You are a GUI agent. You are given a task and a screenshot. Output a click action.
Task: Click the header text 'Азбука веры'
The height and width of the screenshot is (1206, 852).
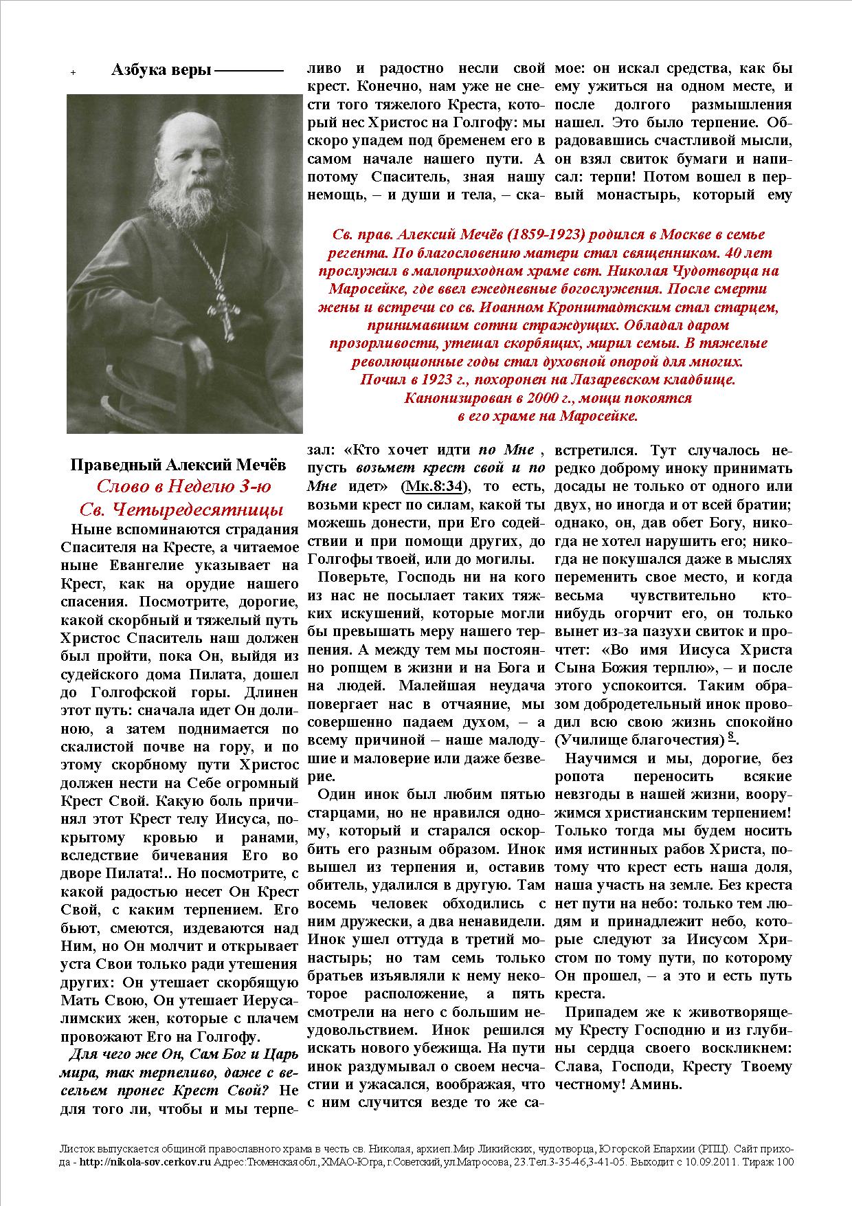point(161,70)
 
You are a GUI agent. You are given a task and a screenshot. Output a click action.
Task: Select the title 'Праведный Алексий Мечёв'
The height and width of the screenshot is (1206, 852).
point(179,465)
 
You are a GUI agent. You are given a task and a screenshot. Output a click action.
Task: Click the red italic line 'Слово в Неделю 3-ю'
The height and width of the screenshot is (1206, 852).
point(183,487)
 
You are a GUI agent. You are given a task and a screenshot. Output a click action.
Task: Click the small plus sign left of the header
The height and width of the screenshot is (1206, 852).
point(74,72)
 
